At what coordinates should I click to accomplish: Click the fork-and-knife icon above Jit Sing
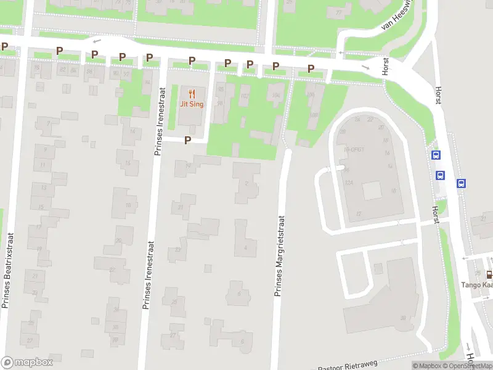point(192,94)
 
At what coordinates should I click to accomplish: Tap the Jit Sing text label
point(192,104)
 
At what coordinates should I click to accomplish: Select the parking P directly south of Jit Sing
point(187,140)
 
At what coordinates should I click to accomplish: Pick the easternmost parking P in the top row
point(311,68)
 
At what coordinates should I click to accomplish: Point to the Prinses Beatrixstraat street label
point(7,269)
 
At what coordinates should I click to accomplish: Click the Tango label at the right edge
point(476,285)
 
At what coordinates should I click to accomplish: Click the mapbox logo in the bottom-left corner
point(27,363)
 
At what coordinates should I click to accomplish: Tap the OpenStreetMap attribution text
point(472,366)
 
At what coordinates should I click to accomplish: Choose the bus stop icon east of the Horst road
point(461,183)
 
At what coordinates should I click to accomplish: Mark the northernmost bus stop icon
point(436,155)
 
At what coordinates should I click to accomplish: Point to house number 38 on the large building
point(403,318)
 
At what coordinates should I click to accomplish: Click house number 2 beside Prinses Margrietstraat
point(246,183)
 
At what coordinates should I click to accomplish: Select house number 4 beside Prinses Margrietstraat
point(245,247)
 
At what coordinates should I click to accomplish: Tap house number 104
point(275,95)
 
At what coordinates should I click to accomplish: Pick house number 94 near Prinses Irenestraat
point(147,83)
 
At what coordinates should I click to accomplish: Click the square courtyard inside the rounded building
point(372,191)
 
